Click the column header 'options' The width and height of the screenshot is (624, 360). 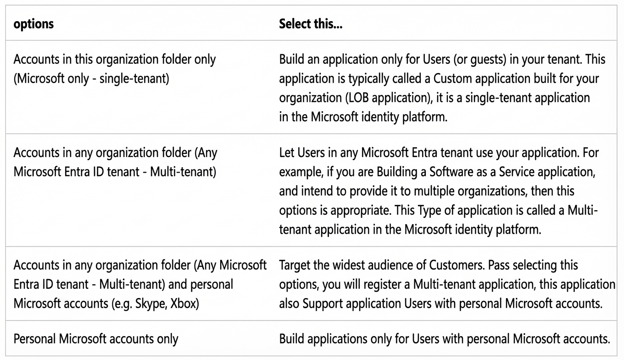(x=33, y=24)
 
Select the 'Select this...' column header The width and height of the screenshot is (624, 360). (x=311, y=24)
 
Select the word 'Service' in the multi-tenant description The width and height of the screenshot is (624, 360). (x=517, y=172)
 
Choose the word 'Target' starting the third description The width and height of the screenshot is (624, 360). (x=295, y=265)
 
